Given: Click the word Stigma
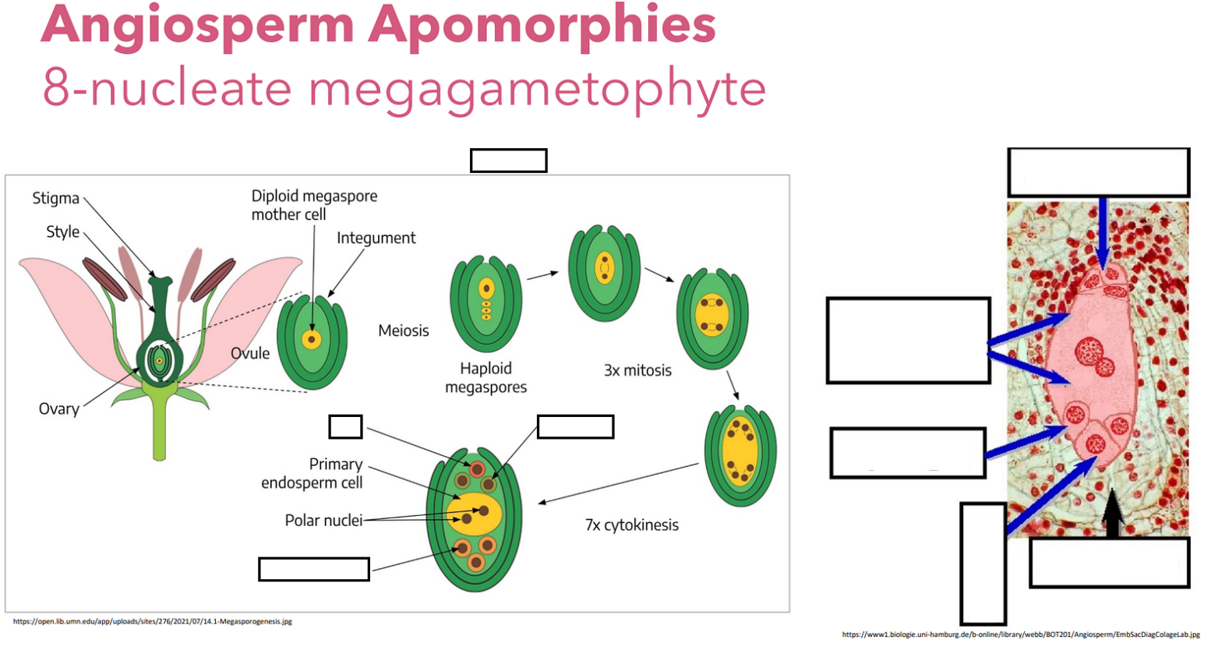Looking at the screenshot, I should (55, 198).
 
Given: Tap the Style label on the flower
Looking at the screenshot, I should (62, 232).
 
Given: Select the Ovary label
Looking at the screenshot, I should (58, 409).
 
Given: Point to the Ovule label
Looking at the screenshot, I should (250, 353).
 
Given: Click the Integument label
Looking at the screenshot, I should (376, 238).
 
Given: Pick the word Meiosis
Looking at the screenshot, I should (403, 330).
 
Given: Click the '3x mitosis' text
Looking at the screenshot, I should (637, 370).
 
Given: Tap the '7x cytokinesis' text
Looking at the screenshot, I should (631, 525).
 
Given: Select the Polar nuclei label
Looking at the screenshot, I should (323, 520).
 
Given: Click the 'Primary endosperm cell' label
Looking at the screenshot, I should (312, 473).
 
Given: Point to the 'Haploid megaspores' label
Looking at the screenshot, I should (485, 377).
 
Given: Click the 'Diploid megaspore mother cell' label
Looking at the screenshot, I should (313, 205).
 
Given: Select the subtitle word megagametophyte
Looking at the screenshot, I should (537, 88).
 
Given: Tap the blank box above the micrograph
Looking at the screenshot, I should (1098, 172).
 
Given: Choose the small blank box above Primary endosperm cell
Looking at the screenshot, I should (345, 427).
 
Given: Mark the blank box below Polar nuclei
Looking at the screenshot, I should (313, 569).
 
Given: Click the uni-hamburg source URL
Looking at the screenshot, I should (1021, 635).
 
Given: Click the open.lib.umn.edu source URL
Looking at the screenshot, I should (153, 621).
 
